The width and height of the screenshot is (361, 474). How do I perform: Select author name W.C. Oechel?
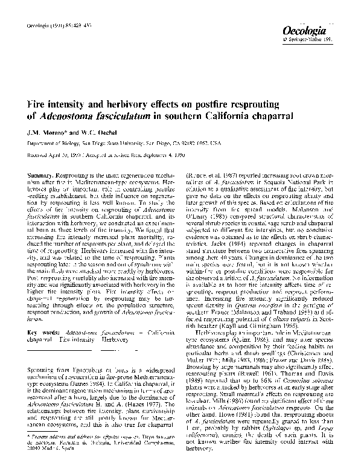point(91,133)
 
